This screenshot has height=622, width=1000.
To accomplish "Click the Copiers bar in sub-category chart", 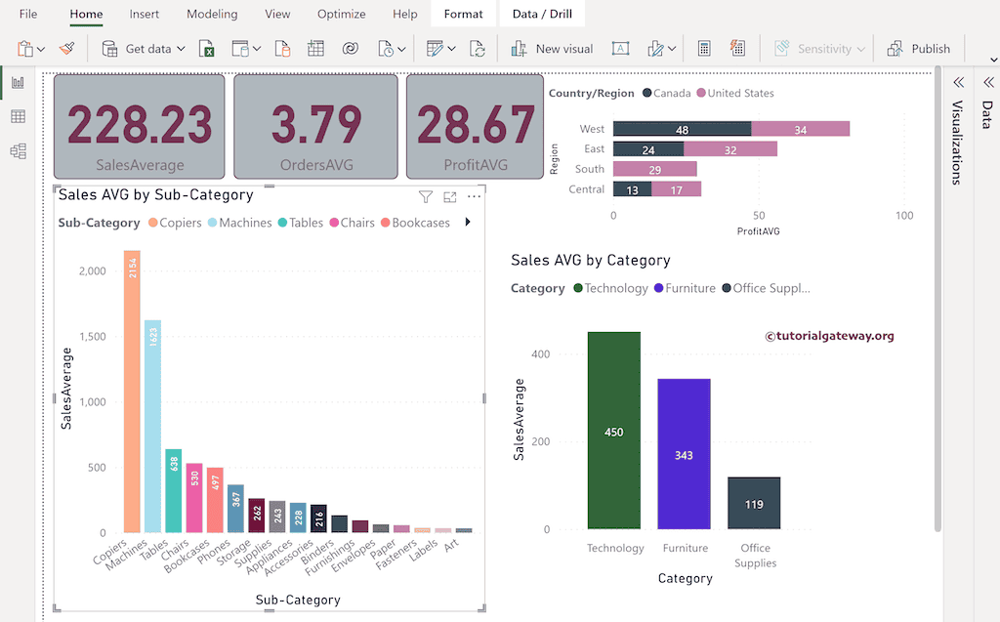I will (132, 391).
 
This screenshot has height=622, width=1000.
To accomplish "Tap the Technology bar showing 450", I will (613, 431).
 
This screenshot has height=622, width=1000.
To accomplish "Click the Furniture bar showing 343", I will (684, 454).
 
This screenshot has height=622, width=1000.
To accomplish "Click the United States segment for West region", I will (800, 129).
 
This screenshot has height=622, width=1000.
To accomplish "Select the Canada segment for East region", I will (647, 149).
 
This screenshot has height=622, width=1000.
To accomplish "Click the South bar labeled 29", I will (654, 170).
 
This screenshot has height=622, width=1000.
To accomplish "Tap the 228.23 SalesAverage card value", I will (140, 125).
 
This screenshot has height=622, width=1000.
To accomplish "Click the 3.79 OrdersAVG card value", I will (315, 125).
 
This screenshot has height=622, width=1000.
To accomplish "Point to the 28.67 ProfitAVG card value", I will (476, 125).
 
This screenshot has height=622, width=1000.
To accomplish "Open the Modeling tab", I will (212, 15).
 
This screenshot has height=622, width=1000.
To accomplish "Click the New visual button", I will (552, 49).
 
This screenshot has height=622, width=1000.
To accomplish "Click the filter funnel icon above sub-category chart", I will (426, 197).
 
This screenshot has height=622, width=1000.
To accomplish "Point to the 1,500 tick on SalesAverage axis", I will (92, 337).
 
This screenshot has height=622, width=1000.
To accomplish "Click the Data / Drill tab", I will (542, 15).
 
